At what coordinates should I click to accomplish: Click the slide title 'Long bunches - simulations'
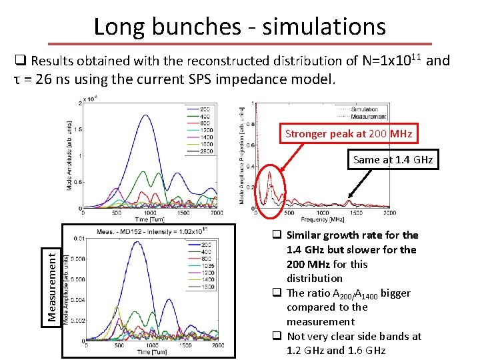[x=239, y=27]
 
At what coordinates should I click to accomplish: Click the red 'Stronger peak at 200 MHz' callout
[x=349, y=133]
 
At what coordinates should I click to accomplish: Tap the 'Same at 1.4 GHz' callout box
[x=393, y=160]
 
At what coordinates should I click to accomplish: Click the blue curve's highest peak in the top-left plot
[x=146, y=115]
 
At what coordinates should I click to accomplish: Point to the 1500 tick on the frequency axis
[x=357, y=213]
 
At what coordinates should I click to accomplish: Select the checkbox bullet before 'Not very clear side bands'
[x=275, y=336]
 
